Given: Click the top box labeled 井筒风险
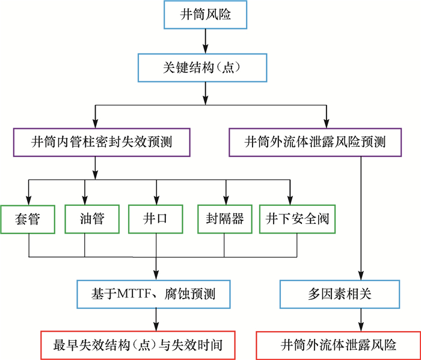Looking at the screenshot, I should click(x=206, y=15).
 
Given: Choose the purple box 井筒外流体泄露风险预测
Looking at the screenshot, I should click(x=315, y=143).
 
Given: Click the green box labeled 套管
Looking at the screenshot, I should click(x=29, y=219).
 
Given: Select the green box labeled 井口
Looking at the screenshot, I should click(x=156, y=219).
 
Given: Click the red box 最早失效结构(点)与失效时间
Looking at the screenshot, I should click(x=138, y=345).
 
